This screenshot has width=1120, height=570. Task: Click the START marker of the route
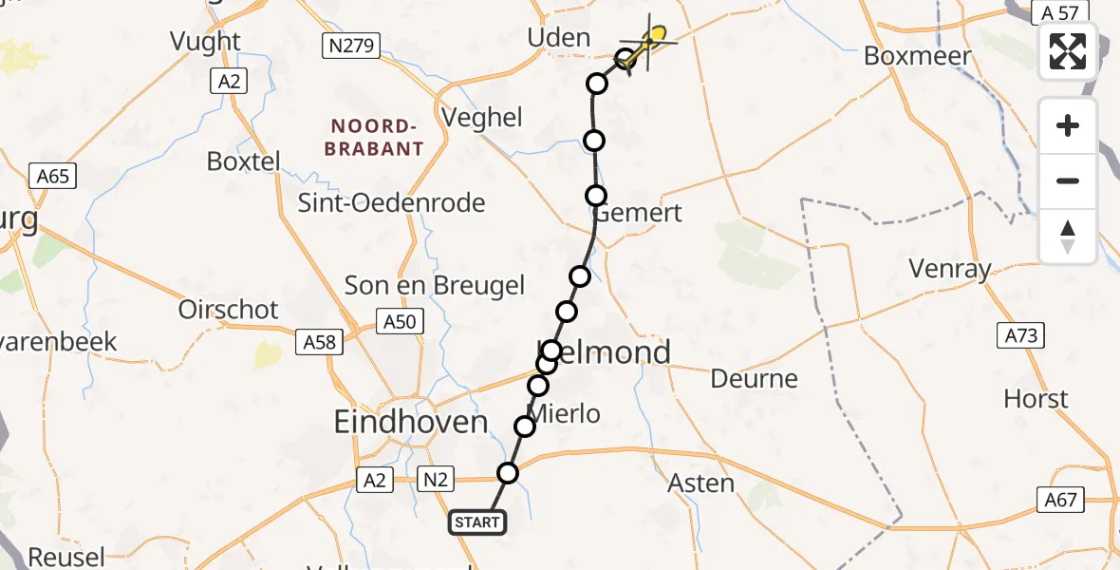click(x=477, y=522)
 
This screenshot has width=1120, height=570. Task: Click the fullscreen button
click(x=1068, y=51)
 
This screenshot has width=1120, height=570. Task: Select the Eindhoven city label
click(x=411, y=422)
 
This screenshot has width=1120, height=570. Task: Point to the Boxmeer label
click(x=918, y=55)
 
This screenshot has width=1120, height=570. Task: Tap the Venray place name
click(x=949, y=269)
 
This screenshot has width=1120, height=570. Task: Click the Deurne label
click(x=755, y=379)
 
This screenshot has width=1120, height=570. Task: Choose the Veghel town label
click(x=483, y=117)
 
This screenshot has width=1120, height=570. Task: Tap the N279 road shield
click(x=351, y=45)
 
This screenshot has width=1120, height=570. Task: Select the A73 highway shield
click(x=1020, y=334)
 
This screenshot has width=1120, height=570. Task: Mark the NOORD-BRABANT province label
click(x=374, y=138)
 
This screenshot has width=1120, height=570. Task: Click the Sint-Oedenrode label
click(x=391, y=202)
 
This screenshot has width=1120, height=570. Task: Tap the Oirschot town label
click(x=229, y=310)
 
